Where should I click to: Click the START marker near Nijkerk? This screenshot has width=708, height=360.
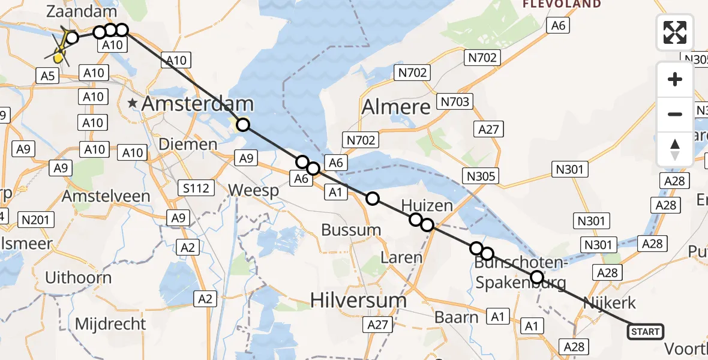pos(645,331)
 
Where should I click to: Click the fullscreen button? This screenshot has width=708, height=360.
pos(675,32)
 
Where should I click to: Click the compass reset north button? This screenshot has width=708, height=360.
pos(675,149)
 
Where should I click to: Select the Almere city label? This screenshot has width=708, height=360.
pos(397,107)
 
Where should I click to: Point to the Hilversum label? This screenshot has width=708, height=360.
pos(359,299)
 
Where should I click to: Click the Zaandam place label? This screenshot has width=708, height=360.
pos(73,11)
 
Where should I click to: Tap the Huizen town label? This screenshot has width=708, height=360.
pos(427,206)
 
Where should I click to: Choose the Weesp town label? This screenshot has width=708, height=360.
pos(254,191)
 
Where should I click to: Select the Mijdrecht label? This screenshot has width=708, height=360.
pos(110,324)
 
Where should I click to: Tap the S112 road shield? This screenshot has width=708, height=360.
pos(196,188)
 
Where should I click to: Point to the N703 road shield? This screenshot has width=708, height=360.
pos(454,101)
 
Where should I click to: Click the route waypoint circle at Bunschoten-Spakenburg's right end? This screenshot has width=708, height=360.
pos(537,277)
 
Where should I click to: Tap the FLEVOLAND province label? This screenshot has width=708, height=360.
pos(562,4)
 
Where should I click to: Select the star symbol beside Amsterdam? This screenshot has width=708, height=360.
pos(133,104)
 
